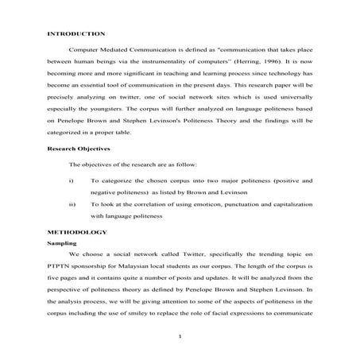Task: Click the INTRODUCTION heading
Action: pyautogui.click(x=75, y=34)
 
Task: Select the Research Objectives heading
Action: pyautogui.click(x=77, y=149)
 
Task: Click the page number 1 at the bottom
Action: pyautogui.click(x=180, y=337)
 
